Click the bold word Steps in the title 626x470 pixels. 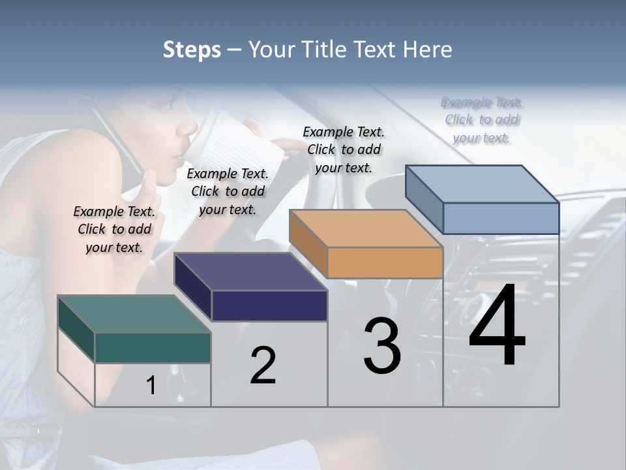[192, 50]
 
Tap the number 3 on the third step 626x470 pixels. [382, 346]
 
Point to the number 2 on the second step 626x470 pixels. [263, 366]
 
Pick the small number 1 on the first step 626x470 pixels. [151, 386]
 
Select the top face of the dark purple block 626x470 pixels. [250, 271]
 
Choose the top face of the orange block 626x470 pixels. [366, 228]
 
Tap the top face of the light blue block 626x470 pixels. [483, 183]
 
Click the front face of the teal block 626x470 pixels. [153, 347]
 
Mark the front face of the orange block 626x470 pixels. [385, 263]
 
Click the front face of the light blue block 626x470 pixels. [501, 218]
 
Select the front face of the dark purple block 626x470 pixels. [269, 305]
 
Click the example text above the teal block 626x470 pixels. [114, 229]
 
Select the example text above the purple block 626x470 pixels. [228, 191]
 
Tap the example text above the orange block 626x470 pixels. [344, 149]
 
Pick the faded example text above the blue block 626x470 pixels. [482, 120]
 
